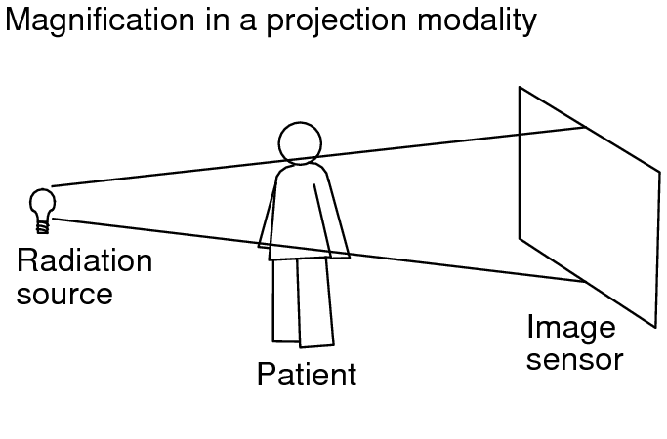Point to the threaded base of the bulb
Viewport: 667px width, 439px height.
point(42,226)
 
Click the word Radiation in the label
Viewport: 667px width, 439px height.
point(85,261)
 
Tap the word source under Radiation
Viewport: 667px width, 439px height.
point(64,292)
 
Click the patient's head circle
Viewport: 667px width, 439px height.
point(299,143)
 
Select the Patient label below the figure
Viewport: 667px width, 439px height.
point(307,374)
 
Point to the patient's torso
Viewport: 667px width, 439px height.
point(301,210)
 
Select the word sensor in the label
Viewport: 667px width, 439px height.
point(574,359)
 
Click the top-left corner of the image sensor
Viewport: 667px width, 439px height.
point(520,88)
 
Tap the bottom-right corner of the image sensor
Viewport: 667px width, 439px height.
point(655,326)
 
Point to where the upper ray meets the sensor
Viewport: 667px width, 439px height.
point(586,127)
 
